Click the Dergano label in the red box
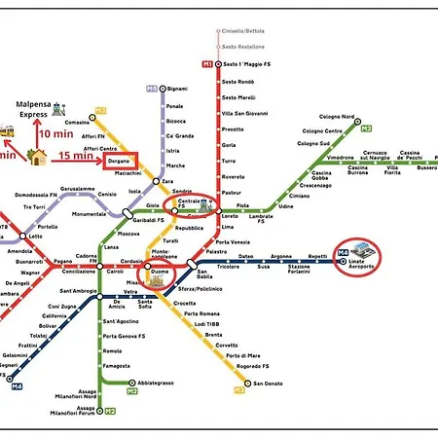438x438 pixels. pos(119,161)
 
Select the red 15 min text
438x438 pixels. pos(75,154)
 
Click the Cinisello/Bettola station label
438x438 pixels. pos(241,31)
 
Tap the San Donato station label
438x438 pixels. pos(267,383)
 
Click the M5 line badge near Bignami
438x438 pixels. pos(152,88)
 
